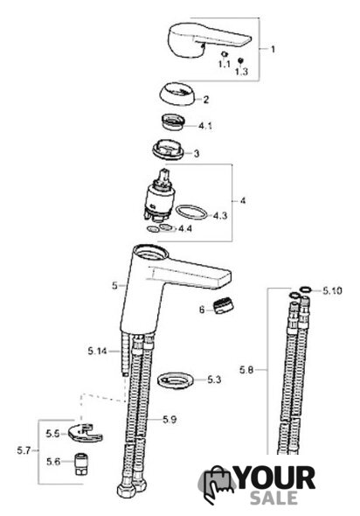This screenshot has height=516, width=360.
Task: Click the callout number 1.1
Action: pos(225,64)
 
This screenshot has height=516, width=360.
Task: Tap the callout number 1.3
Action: pos(241,71)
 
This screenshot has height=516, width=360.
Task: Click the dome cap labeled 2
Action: pos(177,94)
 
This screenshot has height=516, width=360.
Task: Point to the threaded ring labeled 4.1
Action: pos(173,122)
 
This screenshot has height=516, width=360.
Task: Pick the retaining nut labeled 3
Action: pos(168,150)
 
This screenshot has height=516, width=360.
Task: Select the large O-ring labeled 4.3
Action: pos(191,213)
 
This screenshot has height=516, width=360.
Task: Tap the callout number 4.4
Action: pos(185,228)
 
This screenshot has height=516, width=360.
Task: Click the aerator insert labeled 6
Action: pos(223,306)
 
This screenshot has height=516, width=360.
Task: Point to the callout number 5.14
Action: pos(97,351)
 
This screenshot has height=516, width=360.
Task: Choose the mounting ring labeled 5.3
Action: pos(176,380)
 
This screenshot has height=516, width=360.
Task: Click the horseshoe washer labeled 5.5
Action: pos(85,434)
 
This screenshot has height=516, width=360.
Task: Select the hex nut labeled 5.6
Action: pos(80,464)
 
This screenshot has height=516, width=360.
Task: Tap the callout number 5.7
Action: pos(24,450)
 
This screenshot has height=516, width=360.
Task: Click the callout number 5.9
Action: pos(170,419)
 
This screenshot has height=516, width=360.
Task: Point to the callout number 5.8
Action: pos(246,370)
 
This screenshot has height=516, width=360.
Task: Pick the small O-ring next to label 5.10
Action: pos(306,289)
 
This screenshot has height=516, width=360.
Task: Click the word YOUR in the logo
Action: pos(275,478)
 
